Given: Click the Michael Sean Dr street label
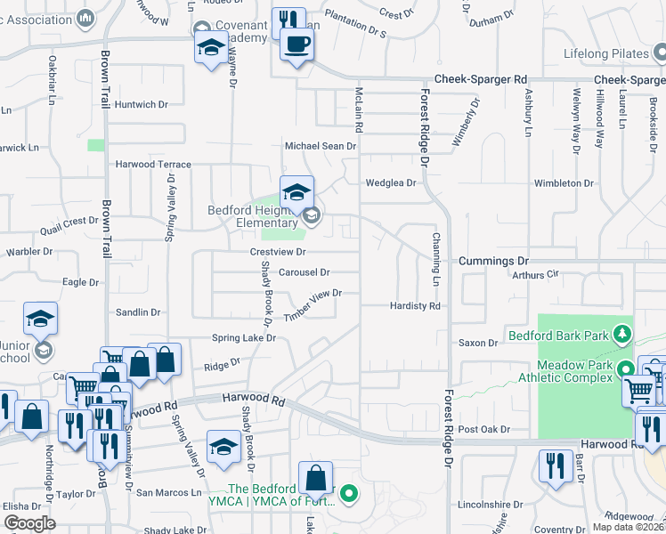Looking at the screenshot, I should point(320,145).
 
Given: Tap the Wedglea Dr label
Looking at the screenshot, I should point(391,183).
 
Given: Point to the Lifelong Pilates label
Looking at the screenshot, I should point(606,54).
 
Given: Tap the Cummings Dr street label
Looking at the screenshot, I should point(494,261).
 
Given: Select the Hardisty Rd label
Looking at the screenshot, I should point(415,305).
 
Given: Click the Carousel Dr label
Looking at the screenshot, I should point(304,272).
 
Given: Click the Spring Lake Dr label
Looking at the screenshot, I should point(244,338).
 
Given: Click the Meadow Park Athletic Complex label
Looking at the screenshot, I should point(575,370).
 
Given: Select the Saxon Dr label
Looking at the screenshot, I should point(478,343).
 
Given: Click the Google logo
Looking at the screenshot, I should point(30,523).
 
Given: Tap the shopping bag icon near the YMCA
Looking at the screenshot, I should point(315,478).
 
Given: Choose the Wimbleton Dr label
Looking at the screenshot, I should point(564,183).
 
